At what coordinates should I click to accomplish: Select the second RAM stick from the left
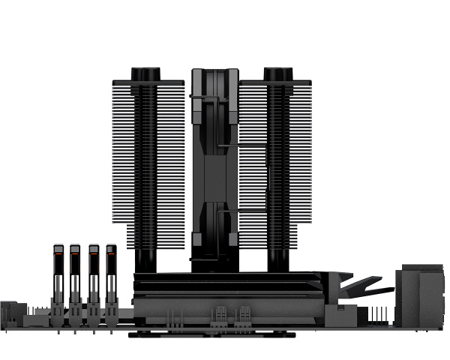75,281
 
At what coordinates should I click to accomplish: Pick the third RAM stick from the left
93,281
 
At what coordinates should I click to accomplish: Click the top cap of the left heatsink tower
145,73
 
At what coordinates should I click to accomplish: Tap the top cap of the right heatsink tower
277,73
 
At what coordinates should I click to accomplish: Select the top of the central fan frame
215,73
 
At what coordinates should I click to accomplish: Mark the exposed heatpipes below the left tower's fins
145,259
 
